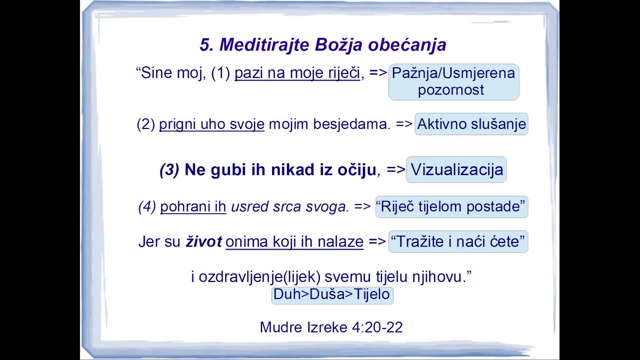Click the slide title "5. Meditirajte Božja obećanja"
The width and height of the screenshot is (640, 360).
click(323, 45)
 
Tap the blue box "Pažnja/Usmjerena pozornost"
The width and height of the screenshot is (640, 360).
click(453, 82)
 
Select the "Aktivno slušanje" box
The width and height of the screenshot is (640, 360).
click(471, 124)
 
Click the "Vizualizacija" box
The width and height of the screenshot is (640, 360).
click(456, 169)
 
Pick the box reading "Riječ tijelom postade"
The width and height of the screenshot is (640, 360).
click(451, 207)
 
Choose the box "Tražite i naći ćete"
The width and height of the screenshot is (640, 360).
click(458, 241)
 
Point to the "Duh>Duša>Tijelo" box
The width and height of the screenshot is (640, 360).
click(332, 294)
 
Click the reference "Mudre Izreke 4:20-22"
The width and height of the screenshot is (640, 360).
click(331, 327)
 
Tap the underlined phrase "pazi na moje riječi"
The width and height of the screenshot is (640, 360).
click(297, 73)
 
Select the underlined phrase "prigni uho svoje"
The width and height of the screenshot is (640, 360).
click(211, 124)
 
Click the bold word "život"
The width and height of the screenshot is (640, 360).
click(203, 241)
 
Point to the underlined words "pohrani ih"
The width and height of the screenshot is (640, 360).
click(193, 206)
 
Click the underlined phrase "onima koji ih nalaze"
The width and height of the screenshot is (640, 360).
click(294, 241)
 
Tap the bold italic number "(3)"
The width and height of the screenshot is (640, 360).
click(169, 169)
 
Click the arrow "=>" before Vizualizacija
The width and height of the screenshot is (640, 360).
click(395, 169)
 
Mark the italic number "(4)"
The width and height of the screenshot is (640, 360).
click(147, 206)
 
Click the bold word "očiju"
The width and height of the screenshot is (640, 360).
click(357, 170)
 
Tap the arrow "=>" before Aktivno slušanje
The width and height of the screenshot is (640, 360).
click(404, 124)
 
